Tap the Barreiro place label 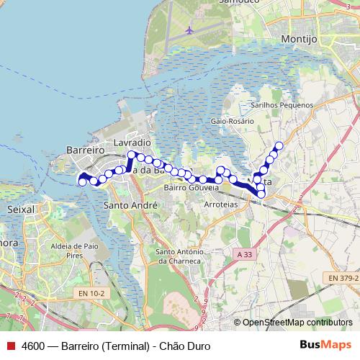[x=86, y=149]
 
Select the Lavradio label [x=131, y=143]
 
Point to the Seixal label [x=20, y=209]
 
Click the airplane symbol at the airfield [x=189, y=30]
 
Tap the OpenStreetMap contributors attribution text [x=297, y=323]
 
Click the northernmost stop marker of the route [x=279, y=146]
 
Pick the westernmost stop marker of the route [x=82, y=182]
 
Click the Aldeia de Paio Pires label [x=71, y=251]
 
